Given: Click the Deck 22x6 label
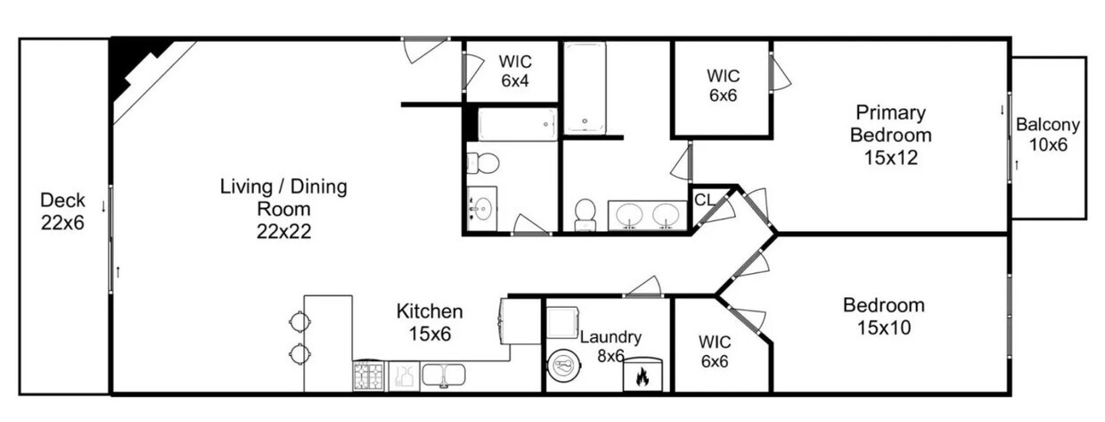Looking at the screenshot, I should click(62, 211).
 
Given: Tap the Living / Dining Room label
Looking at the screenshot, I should click(283, 210).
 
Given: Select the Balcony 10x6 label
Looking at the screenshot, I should click(1048, 135).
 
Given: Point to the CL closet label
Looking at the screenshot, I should click(704, 199).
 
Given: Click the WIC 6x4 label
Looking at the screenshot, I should click(514, 70).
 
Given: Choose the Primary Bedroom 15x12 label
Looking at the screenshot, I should click(890, 136).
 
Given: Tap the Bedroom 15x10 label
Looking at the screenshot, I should click(883, 316).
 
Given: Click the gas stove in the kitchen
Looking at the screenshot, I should click(368, 376).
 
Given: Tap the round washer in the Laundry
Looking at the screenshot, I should click(563, 366).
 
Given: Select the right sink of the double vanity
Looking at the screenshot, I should click(666, 215).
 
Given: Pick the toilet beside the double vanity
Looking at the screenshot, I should click(585, 212).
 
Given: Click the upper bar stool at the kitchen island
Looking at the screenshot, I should click(297, 321).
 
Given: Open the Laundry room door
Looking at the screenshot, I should click(643, 287).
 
